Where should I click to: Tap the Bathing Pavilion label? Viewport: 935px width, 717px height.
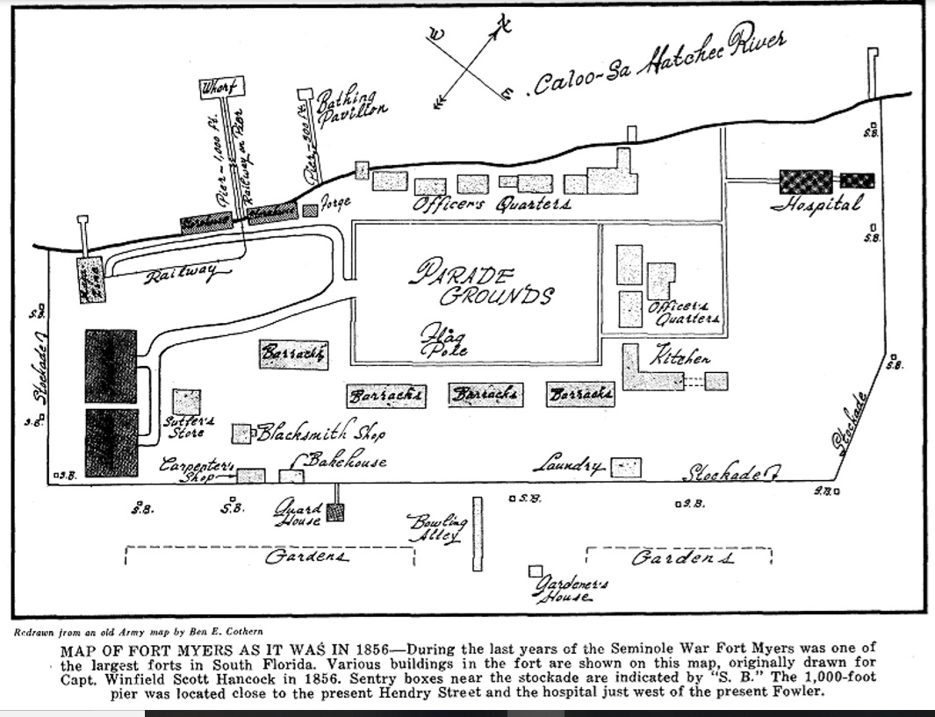pyautogui.click(x=350, y=109)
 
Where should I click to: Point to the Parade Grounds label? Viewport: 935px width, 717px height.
pyautogui.click(x=483, y=283)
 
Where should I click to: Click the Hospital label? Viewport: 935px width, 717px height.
pyautogui.click(x=816, y=204)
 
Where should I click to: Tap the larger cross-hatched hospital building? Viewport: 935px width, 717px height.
pyautogui.click(x=805, y=182)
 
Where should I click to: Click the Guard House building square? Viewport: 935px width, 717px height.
pyautogui.click(x=334, y=513)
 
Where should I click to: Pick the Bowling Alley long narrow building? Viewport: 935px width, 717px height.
pyautogui.click(x=478, y=534)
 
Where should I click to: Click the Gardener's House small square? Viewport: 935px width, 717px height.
pyautogui.click(x=535, y=571)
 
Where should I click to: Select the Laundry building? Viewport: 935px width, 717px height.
pyautogui.click(x=626, y=468)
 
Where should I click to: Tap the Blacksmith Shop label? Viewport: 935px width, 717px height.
pyautogui.click(x=320, y=433)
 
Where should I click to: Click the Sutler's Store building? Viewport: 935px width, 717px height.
pyautogui.click(x=186, y=401)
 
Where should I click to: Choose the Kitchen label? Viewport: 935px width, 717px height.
pyautogui.click(x=680, y=356)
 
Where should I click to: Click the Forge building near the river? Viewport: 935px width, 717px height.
pyautogui.click(x=310, y=211)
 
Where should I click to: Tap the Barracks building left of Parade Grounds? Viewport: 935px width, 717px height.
pyautogui.click(x=294, y=354)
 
